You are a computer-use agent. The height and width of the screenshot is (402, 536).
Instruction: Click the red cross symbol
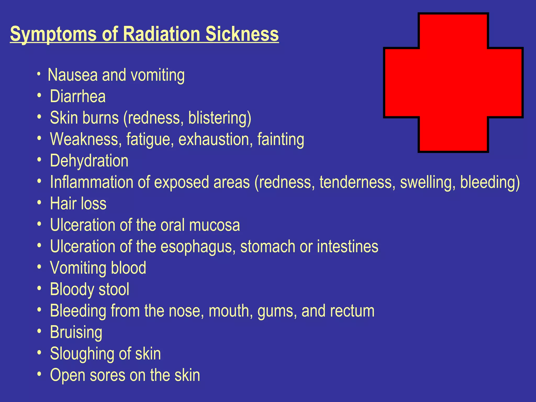coord(453,82)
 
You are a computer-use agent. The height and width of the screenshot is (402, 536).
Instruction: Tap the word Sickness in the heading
coord(242,34)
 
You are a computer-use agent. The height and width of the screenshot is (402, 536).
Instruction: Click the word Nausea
coord(72,75)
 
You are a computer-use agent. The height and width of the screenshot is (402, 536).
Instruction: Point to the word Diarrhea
coord(78,96)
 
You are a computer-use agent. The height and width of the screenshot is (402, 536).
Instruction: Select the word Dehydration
coord(89,161)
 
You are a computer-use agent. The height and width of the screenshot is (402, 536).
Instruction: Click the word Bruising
coord(76,333)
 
